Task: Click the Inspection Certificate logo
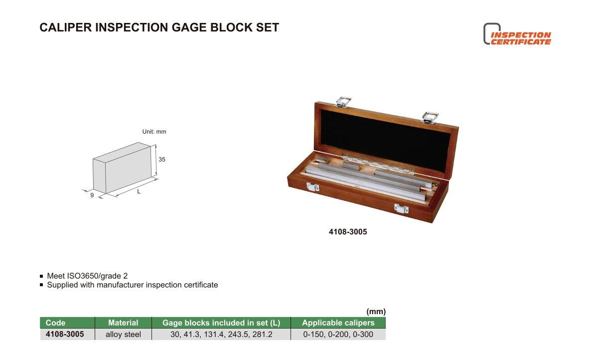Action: click(x=517, y=34)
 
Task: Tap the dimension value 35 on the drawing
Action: click(x=162, y=160)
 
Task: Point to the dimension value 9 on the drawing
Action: click(x=92, y=195)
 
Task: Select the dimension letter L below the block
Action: click(x=139, y=191)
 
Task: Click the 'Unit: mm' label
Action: click(x=154, y=132)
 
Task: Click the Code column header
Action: click(x=55, y=323)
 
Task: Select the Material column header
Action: click(x=123, y=323)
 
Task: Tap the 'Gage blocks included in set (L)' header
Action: click(x=221, y=323)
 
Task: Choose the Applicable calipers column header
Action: click(x=338, y=323)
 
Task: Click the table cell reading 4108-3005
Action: click(x=65, y=334)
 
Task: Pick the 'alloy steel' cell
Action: click(x=123, y=335)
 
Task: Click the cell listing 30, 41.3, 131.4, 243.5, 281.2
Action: click(x=221, y=335)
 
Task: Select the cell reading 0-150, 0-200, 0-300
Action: click(x=338, y=335)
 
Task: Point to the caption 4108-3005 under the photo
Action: click(x=348, y=232)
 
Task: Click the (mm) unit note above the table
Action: click(x=376, y=312)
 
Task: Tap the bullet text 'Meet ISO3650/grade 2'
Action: click(x=87, y=276)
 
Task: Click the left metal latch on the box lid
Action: click(x=343, y=102)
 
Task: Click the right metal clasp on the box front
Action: click(x=401, y=208)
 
